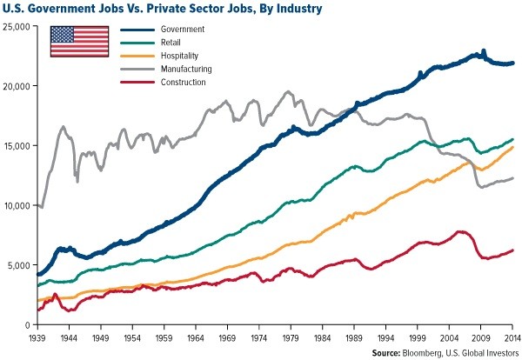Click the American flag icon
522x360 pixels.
point(77,41)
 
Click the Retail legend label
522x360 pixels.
point(173,43)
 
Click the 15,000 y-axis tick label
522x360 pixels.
point(17,146)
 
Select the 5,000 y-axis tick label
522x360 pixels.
point(18,265)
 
